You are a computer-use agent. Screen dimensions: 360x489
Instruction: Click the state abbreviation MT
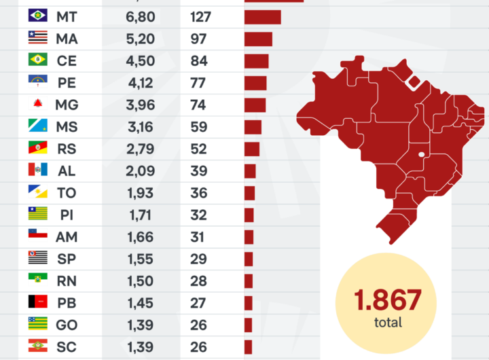coord(67,16)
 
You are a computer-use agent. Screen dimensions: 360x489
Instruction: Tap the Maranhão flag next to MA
coord(37,38)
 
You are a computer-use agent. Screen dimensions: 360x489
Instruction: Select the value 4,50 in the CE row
coord(140,60)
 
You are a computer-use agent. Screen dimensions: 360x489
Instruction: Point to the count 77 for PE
coord(198,83)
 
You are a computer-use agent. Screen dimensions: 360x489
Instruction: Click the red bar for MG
coord(255,105)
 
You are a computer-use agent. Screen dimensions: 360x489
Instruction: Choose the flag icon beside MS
coord(37,126)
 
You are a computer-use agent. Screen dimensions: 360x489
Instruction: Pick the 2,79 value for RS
coord(140,149)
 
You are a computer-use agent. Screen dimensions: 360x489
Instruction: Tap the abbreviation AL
coord(67,170)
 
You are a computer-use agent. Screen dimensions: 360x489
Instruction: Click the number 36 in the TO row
coord(198,193)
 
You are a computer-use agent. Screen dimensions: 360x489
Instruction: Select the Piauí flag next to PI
coord(37,215)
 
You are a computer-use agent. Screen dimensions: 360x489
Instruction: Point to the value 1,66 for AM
coord(140,237)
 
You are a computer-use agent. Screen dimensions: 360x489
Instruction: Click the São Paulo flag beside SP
coord(37,259)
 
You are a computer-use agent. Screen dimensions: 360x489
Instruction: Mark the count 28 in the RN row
coord(198,281)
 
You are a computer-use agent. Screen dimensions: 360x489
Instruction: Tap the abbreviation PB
coord(67,303)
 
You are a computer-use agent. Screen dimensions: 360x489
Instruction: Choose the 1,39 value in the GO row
coord(140,325)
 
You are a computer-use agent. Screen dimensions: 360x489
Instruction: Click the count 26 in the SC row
coord(198,347)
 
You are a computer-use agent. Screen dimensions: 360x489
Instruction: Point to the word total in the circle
coord(388,323)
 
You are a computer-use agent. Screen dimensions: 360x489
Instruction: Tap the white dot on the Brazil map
coord(422,155)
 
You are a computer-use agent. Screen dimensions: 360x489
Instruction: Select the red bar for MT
coord(262,16)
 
